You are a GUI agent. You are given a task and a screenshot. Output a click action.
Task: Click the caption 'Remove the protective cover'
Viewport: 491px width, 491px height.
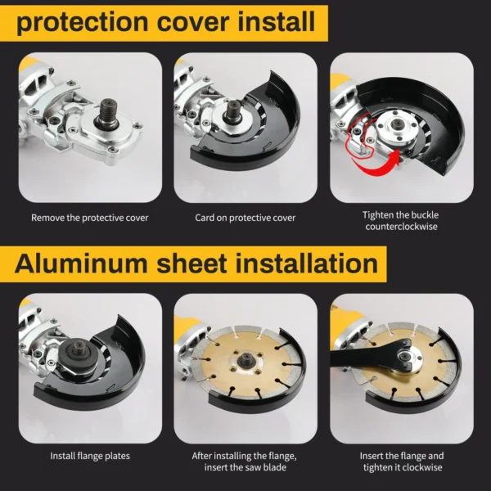coord(90,218)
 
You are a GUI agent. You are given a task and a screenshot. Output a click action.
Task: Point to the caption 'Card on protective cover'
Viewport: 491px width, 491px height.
coord(245,218)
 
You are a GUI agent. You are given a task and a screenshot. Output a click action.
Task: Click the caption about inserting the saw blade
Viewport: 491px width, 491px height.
coord(245,461)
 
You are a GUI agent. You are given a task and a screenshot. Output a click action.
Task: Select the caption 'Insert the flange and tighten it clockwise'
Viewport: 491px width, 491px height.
coord(401,461)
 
